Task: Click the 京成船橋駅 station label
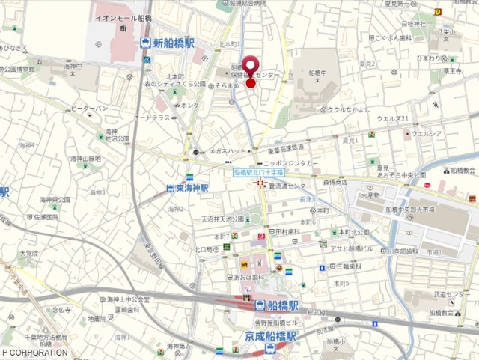point(271,336)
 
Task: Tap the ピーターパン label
point(91,109)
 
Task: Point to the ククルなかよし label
point(349,110)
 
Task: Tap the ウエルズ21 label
point(393,118)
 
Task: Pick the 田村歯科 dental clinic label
point(288,232)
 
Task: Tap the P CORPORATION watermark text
point(34,352)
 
